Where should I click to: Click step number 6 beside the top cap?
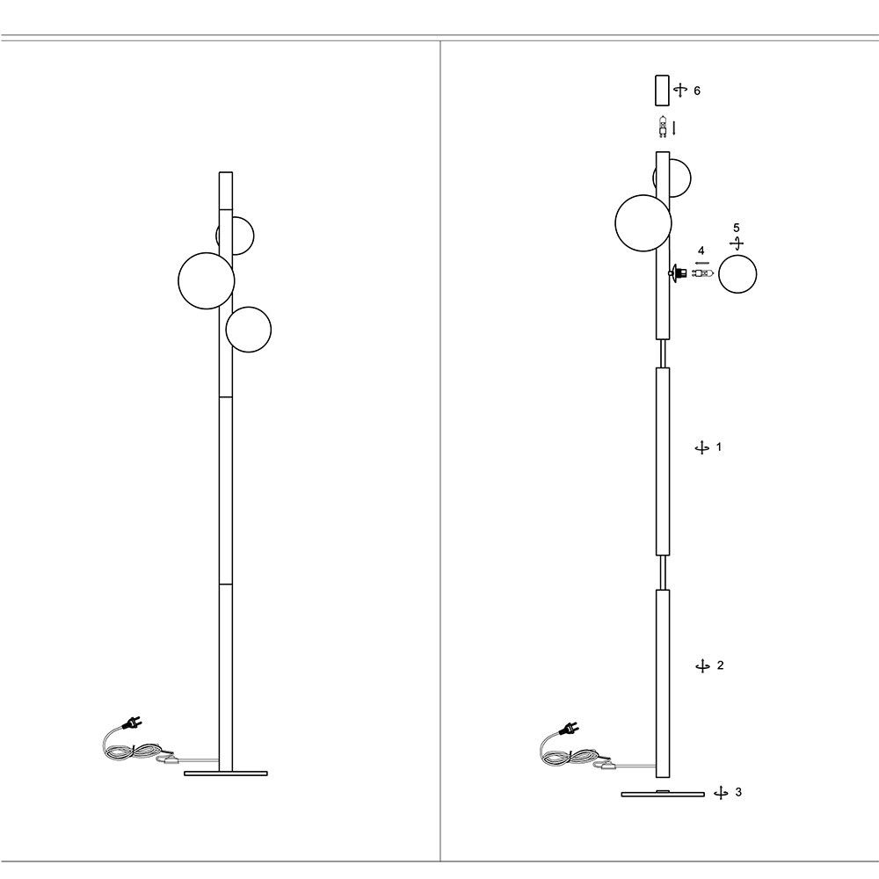pos(697,91)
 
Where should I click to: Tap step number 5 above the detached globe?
pos(737,229)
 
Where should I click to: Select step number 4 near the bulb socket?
pos(701,251)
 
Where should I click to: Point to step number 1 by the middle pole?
pos(719,447)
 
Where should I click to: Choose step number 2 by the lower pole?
pos(720,665)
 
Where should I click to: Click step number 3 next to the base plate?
pos(737,792)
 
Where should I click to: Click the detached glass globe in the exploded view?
pos(737,273)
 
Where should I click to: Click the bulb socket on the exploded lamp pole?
pos(676,273)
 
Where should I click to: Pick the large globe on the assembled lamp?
pos(207,280)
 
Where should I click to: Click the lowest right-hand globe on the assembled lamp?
pos(248,330)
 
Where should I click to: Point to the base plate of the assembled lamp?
pos(226,774)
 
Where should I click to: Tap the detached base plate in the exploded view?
pos(663,794)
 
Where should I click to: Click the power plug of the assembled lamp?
pos(133,724)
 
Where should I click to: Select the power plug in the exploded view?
pos(569,729)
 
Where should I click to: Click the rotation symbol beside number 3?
pos(721,793)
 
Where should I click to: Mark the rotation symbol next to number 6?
pos(679,91)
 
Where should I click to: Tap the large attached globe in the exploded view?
pos(643,223)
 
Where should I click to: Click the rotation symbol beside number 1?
pos(701,448)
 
